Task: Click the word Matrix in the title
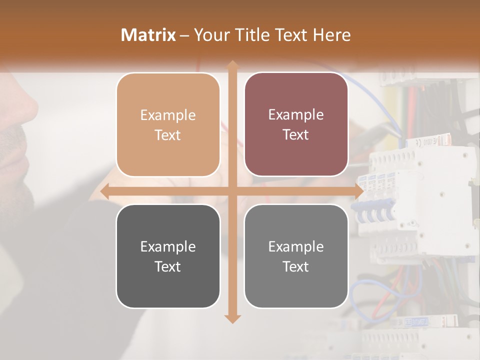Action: [x=148, y=35]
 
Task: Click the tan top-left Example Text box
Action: [x=168, y=124]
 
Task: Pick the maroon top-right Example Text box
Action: [x=296, y=124]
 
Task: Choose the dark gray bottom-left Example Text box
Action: [x=168, y=256]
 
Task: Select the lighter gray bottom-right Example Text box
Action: [x=296, y=256]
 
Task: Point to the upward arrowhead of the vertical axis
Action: [x=232, y=64]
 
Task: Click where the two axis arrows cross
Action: [x=232, y=191]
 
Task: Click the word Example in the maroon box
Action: [x=296, y=115]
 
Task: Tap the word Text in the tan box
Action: [x=167, y=135]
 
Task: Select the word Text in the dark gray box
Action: [x=167, y=267]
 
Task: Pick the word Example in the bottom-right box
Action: [x=296, y=246]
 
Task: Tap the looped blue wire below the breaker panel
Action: [x=365, y=290]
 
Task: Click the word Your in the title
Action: [x=209, y=35]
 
